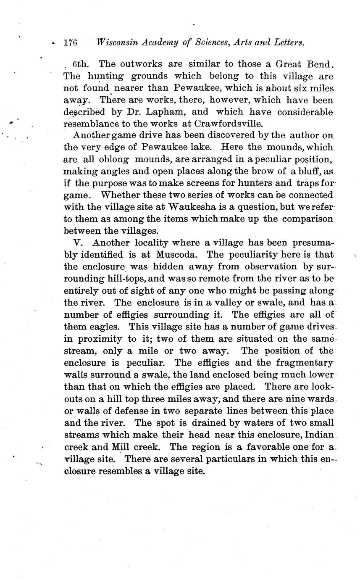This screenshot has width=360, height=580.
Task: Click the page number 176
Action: (71, 42)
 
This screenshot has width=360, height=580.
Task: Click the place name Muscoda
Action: (176, 255)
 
